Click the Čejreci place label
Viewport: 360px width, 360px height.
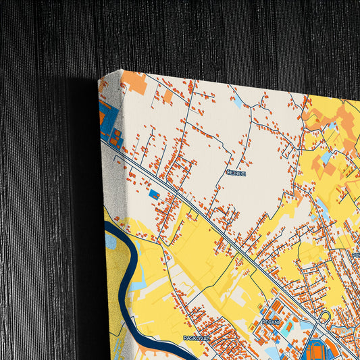(x=236, y=173)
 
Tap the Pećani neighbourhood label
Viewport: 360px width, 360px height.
(x=271, y=324)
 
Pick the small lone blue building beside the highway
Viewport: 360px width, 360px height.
(x=154, y=195)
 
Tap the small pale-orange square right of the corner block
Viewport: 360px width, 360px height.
(x=167, y=97)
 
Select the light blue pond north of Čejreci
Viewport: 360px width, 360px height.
(x=238, y=103)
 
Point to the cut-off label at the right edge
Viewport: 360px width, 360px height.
(x=356, y=255)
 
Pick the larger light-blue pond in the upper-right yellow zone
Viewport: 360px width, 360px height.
(x=326, y=158)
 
